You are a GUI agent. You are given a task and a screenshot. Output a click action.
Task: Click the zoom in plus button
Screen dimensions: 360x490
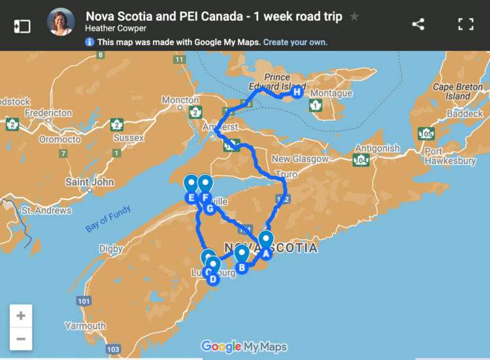tap(21, 316)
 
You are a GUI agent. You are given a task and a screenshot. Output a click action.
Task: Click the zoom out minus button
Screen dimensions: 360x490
tap(21, 339)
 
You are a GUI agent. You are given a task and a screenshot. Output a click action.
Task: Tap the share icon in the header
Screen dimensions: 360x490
tap(418, 24)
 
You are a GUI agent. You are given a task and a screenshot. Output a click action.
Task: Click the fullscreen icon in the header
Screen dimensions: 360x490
tap(465, 24)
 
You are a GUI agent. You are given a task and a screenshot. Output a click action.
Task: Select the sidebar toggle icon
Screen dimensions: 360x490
tap(22, 25)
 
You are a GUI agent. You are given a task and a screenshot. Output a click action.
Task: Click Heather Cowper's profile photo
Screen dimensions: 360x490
tap(60, 22)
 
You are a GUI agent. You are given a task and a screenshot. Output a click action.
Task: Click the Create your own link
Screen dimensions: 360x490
tap(295, 42)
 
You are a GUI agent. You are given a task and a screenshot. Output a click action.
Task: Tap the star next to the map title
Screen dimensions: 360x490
tap(354, 16)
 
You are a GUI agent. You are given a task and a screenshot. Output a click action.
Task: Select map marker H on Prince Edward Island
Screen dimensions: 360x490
tap(297, 92)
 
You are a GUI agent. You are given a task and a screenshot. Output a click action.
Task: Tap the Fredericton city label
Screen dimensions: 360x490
tap(48, 112)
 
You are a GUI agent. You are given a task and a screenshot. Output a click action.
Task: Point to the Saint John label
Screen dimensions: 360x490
tap(90, 182)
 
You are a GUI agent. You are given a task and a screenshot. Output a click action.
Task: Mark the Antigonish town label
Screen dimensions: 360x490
tap(377, 148)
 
